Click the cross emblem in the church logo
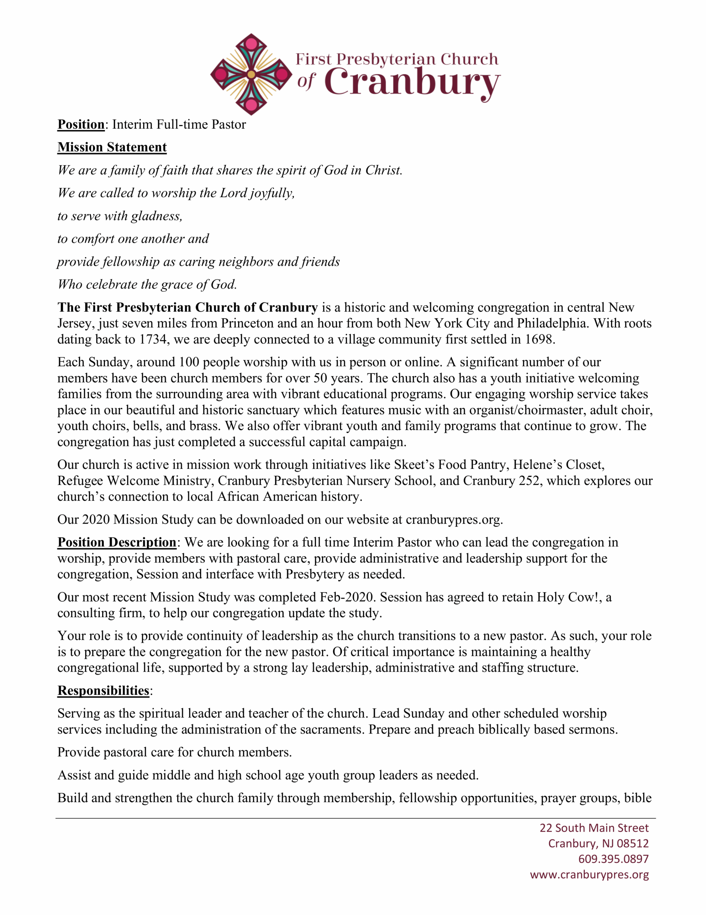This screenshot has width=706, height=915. pos(251,74)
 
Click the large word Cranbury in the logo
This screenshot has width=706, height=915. pos(412,82)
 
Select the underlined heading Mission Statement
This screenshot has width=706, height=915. pos(112,147)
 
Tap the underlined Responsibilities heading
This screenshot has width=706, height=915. pos(104,691)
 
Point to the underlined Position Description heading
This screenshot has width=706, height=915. pos(117,542)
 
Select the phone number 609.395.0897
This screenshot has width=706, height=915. pos(613,859)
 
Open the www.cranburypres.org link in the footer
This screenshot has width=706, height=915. pos(589,875)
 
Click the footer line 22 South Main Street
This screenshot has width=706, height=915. pos(594,828)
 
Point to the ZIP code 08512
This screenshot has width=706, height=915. pos(632,844)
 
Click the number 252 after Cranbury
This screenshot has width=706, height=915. pos(529,480)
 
